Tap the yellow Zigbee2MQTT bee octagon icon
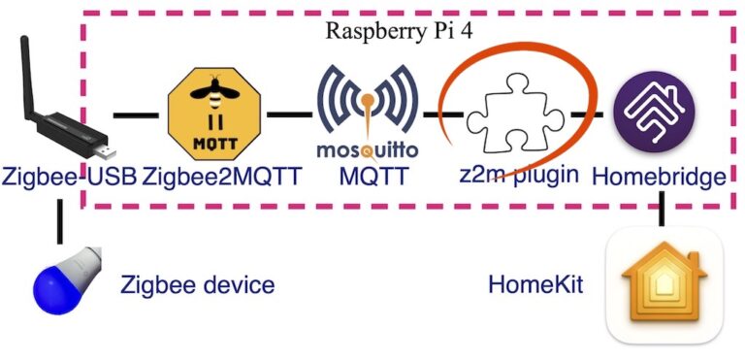[214, 114]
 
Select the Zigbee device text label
[197, 285]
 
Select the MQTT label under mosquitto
[367, 177]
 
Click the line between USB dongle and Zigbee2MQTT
[136, 115]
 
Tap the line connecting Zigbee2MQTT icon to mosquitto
[283, 115]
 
